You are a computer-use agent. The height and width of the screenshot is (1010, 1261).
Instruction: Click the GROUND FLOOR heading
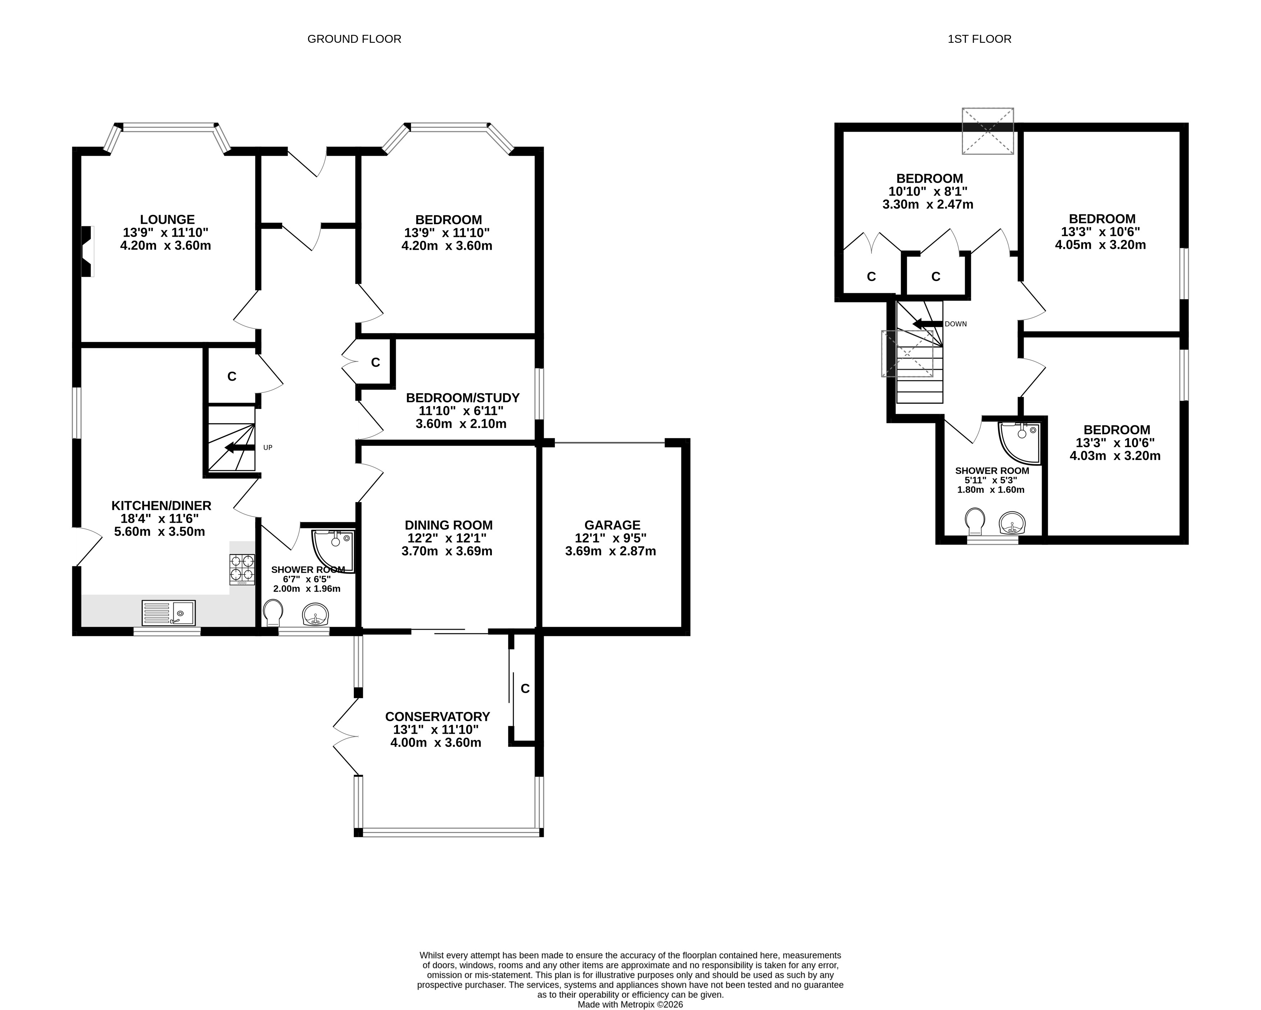point(355,39)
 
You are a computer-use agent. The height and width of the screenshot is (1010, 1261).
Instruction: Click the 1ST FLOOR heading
point(980,39)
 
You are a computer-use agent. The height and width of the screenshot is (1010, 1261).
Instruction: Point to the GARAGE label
point(612,526)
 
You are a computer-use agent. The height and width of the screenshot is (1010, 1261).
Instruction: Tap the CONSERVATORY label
point(438,717)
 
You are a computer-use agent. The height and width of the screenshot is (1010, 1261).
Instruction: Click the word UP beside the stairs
point(268,448)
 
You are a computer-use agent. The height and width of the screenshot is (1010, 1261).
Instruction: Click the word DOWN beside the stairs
point(956,324)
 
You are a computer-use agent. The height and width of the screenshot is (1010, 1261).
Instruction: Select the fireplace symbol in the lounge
point(87,252)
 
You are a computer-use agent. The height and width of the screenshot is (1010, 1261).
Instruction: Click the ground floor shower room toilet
point(273,613)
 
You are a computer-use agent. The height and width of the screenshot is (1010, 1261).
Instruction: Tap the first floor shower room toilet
point(976,522)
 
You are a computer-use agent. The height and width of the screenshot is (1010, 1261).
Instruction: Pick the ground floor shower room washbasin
point(316,614)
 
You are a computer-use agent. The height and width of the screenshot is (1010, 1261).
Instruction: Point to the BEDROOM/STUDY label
point(463,398)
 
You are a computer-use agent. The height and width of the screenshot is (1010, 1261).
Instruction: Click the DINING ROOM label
point(449,526)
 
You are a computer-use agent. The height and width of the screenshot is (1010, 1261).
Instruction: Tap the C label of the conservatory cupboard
point(525,689)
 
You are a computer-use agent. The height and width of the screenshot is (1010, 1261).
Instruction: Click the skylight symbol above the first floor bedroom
point(988,131)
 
